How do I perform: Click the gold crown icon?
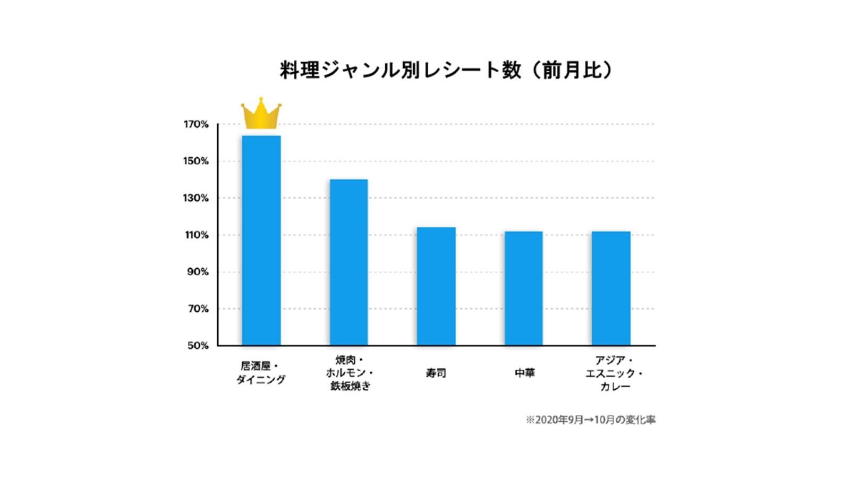(x=261, y=114)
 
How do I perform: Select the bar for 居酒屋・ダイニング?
(x=261, y=241)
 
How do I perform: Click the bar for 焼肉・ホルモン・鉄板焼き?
(x=348, y=262)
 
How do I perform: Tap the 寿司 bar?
(x=436, y=286)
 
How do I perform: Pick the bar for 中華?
(x=523, y=288)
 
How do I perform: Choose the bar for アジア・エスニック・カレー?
(x=611, y=288)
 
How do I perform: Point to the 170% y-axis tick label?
(x=196, y=124)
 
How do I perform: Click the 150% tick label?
(x=196, y=161)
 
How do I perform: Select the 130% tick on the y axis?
(x=196, y=198)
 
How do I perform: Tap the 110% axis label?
(x=196, y=235)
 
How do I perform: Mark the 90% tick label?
(x=198, y=272)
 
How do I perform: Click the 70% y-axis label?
(x=198, y=309)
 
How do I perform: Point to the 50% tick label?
(x=198, y=346)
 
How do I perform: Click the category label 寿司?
(x=436, y=373)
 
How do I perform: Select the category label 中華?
(x=524, y=373)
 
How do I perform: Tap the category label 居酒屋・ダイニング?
(x=260, y=373)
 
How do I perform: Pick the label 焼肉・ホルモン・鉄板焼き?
(x=350, y=373)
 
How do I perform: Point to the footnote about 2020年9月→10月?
(x=590, y=420)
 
